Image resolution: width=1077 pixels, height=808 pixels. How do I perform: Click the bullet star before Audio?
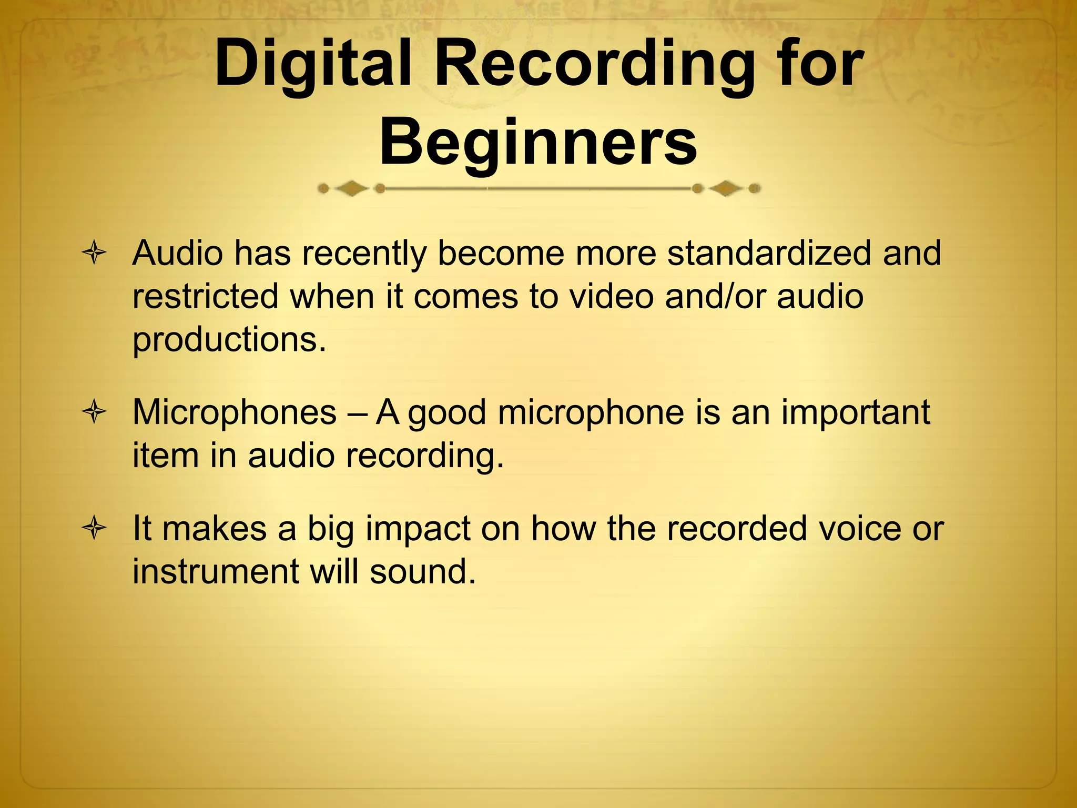(95, 254)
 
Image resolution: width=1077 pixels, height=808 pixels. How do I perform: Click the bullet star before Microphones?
(95, 412)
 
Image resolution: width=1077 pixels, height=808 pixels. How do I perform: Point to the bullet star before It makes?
(95, 529)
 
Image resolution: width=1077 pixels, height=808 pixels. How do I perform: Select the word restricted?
(205, 296)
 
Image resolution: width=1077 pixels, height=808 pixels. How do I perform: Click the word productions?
(229, 340)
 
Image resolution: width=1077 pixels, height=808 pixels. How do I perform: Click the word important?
(855, 413)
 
